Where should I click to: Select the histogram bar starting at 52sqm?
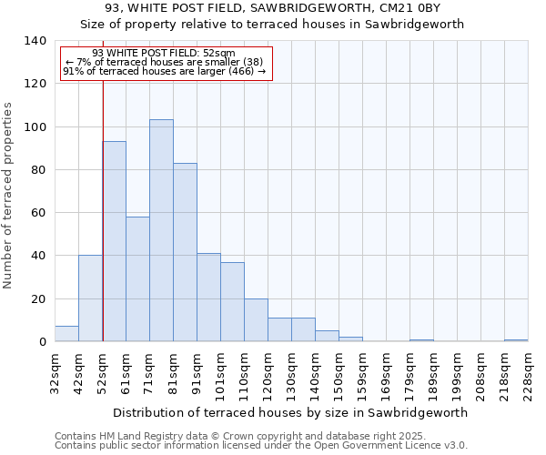(x=115, y=241)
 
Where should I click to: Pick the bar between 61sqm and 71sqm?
(x=137, y=278)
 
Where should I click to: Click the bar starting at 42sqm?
(x=90, y=298)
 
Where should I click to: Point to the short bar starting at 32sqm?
(x=66, y=334)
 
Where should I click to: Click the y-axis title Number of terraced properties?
(x=9, y=196)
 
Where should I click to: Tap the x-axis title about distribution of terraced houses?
(x=291, y=412)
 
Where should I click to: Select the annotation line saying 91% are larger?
(x=165, y=71)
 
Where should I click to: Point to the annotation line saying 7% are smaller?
(x=165, y=62)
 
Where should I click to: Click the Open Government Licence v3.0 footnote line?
(x=261, y=445)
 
